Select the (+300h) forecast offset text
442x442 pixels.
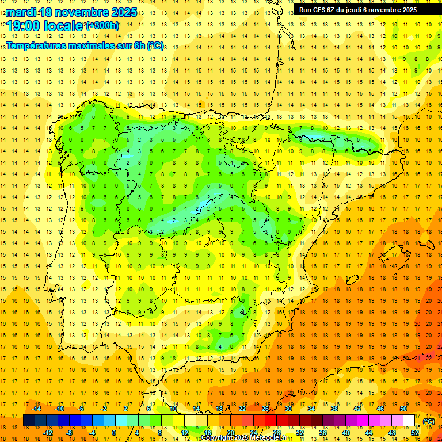102,26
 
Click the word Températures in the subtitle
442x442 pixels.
39,45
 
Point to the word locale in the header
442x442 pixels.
66,26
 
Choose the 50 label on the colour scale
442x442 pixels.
403,409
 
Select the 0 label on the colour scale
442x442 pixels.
115,432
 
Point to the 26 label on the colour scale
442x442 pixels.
265,409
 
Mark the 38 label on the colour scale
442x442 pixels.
334,409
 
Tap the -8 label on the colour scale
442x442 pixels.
68,432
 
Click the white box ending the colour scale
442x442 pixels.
409,420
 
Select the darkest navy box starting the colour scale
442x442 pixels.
29,420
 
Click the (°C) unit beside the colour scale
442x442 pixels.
429,421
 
